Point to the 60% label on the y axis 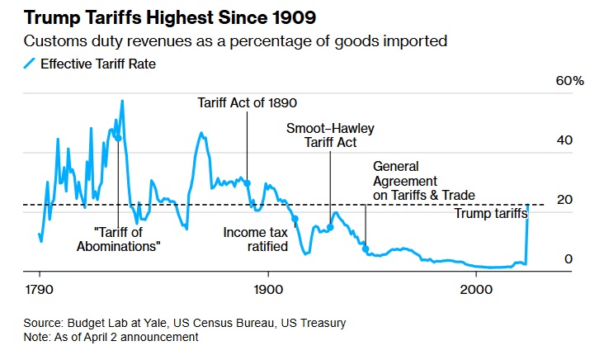570,82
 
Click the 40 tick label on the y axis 564,141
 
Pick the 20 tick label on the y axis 564,201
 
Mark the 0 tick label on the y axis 568,259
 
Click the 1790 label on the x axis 40,291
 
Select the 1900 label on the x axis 267,291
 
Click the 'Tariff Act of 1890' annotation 247,103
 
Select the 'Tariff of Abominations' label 118,239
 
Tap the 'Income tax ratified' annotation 255,239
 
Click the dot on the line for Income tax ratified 295,218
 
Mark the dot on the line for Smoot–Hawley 330,227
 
